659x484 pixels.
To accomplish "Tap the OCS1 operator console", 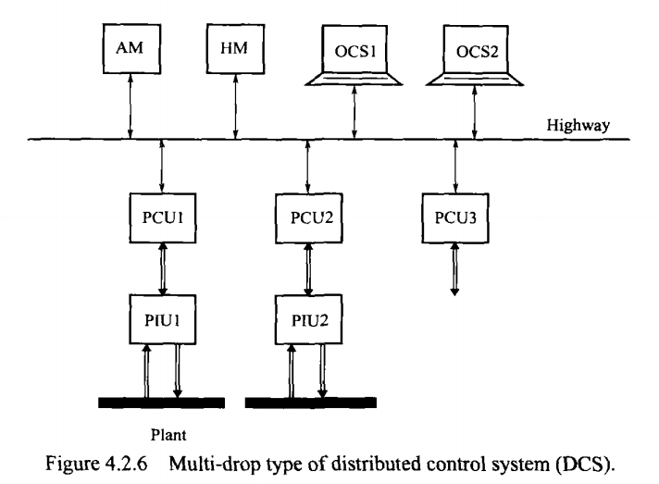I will coord(354,52).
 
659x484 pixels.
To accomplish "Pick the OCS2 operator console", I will coord(475,52).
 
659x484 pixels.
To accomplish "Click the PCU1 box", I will coord(162,221).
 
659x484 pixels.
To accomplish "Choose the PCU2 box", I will coord(308,221).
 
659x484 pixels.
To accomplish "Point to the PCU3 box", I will coord(454,221).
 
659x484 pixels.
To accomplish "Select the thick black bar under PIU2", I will coord(310,403).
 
